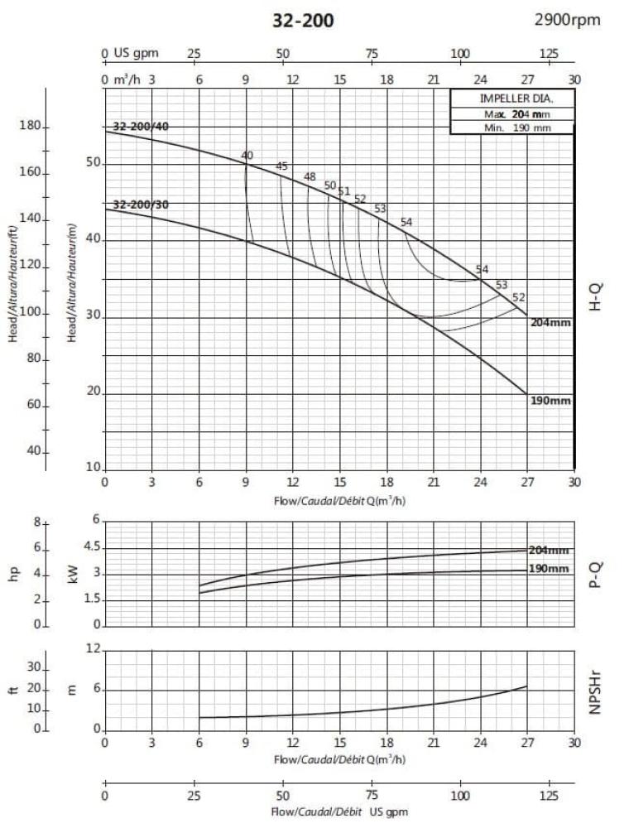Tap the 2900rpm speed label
tap(568, 20)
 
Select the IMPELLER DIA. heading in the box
tap(511, 99)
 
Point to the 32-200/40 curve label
tap(141, 127)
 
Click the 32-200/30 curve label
tap(141, 205)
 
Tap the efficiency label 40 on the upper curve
tap(247, 156)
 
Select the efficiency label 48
tap(310, 176)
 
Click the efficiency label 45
tap(281, 166)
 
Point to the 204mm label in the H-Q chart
tap(550, 323)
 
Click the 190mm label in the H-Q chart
tap(550, 401)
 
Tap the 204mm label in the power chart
tap(549, 551)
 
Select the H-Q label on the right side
tap(596, 296)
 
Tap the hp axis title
tap(13, 573)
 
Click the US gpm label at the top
tap(137, 53)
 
